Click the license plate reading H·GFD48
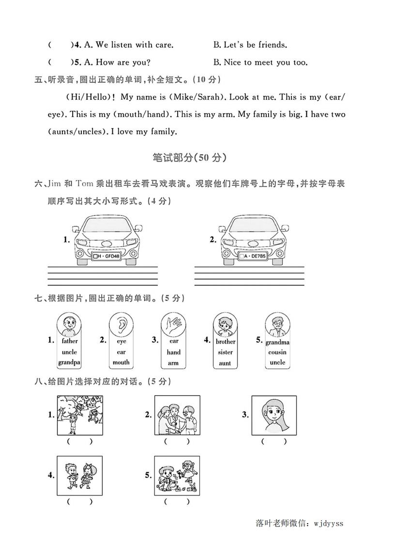[x=106, y=256]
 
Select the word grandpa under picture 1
[x=69, y=362]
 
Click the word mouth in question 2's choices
[x=121, y=362]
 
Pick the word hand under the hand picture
[x=173, y=352]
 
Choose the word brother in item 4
[x=226, y=341]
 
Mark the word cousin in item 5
[x=277, y=352]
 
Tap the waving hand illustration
[x=173, y=324]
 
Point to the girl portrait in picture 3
[x=274, y=415]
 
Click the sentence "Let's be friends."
[x=250, y=45]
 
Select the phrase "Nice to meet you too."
[x=260, y=62]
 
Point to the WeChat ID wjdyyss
[x=329, y=523]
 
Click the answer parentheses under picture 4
[x=79, y=502]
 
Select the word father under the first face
[x=69, y=341]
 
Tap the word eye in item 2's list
[x=121, y=341]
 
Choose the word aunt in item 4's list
[x=225, y=362]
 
